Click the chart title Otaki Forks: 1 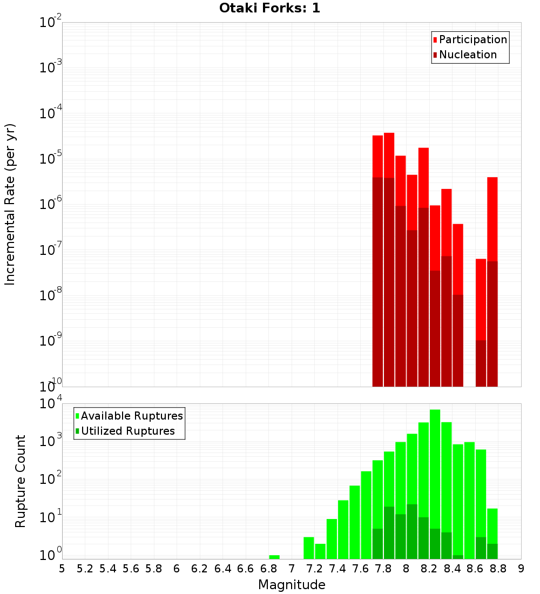[269, 9]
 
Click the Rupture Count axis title [21, 481]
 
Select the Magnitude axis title [292, 585]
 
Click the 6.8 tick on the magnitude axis [269, 569]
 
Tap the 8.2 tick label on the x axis [429, 569]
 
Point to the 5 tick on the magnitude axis [62, 569]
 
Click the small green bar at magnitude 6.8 [274, 557]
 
